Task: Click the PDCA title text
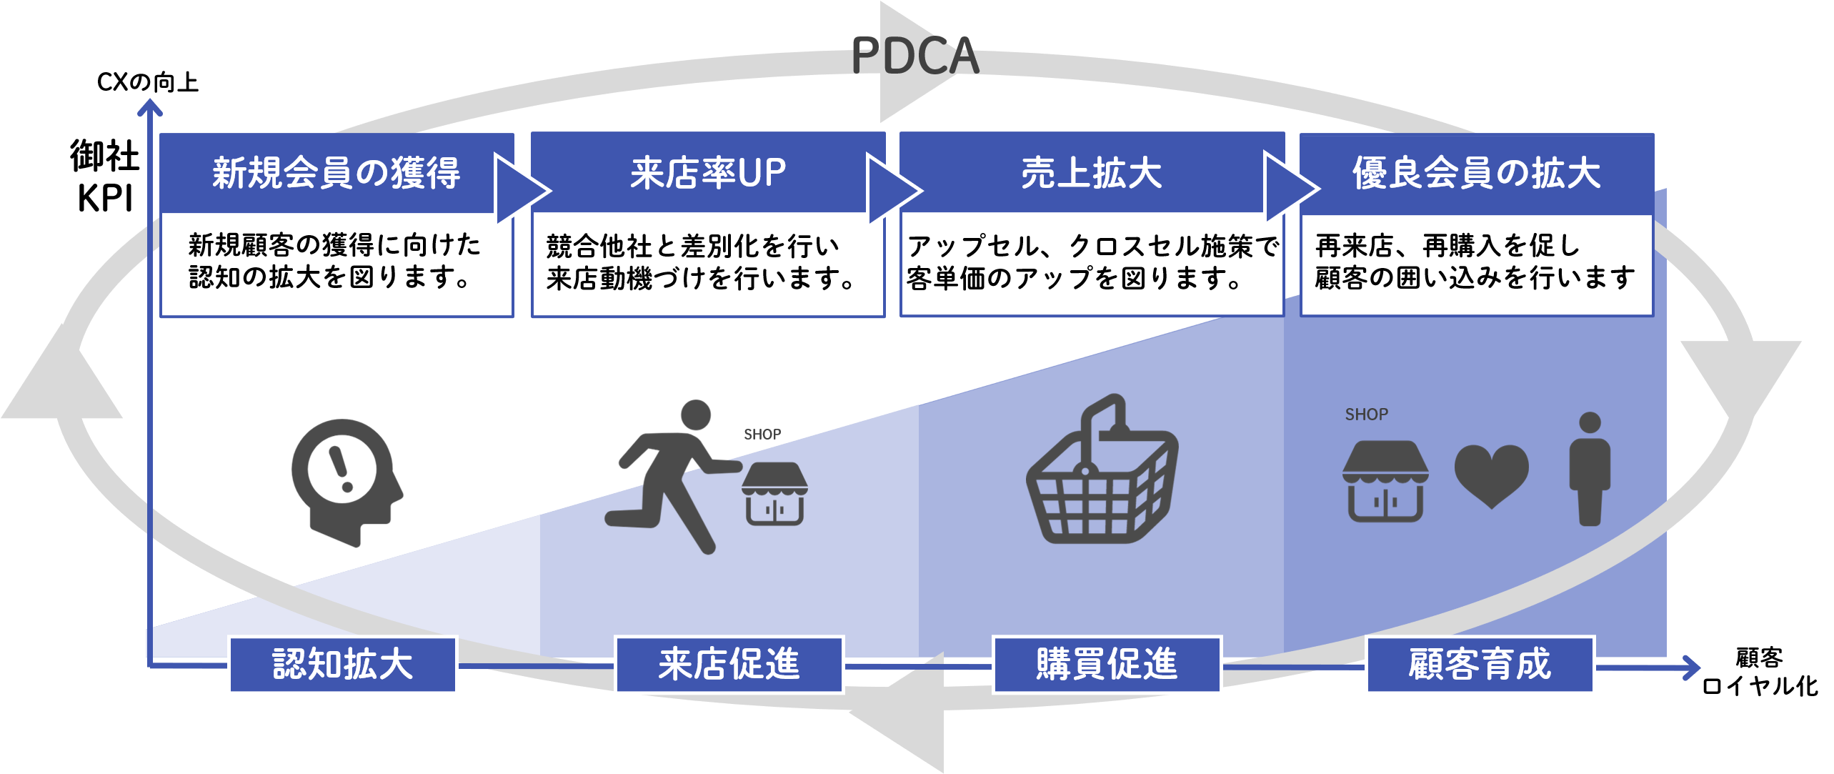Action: pos(915,56)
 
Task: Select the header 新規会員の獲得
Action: pos(336,173)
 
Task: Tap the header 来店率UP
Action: pos(707,173)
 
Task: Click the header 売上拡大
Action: pos(1091,173)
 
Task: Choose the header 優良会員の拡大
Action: pos(1476,173)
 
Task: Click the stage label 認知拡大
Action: pos(343,665)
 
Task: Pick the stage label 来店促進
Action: pos(729,665)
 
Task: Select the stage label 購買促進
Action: pos(1107,665)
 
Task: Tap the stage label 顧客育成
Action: pos(1480,665)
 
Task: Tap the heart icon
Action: pos(1491,475)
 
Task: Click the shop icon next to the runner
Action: pos(774,493)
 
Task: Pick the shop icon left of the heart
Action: pos(1385,481)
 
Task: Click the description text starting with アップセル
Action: pos(1092,262)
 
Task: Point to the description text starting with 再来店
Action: pos(1475,262)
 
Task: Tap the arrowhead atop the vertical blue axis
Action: pos(150,107)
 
